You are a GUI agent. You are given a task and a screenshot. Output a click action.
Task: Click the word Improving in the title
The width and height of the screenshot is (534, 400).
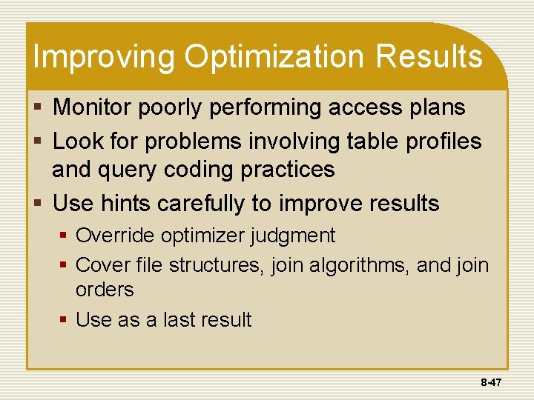tap(104, 58)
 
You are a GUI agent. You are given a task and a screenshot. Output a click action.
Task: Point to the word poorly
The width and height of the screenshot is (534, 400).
tap(179, 108)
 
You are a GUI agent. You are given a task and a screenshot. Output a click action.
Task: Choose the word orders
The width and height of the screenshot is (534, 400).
tap(105, 289)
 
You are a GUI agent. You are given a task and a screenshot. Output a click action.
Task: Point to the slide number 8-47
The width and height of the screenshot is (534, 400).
tap(491, 382)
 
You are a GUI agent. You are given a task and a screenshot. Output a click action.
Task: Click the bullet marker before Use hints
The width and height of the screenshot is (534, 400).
tap(42, 203)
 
